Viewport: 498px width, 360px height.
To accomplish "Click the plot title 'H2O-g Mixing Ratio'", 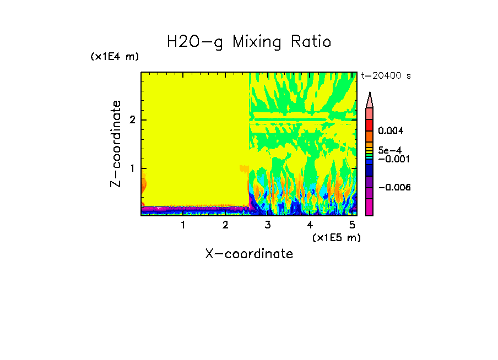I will pyautogui.click(x=249, y=42).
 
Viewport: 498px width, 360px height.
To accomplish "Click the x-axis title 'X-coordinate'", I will pyautogui.click(x=249, y=254).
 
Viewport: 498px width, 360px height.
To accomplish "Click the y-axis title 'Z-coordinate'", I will pyautogui.click(x=116, y=144).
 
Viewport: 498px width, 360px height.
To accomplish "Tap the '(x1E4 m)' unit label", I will pyautogui.click(x=115, y=57).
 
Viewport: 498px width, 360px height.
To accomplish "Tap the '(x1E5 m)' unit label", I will pyautogui.click(x=336, y=237).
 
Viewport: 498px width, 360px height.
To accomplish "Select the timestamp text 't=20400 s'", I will pyautogui.click(x=386, y=76).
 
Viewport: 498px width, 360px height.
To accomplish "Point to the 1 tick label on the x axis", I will pyautogui.click(x=183, y=225).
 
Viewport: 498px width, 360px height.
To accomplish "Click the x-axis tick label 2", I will pyautogui.click(x=225, y=225).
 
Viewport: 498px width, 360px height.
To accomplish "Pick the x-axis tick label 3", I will pyautogui.click(x=267, y=225).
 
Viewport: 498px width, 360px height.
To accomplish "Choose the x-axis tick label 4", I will pyautogui.click(x=310, y=225).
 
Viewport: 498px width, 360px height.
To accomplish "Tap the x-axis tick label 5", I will pyautogui.click(x=351, y=225).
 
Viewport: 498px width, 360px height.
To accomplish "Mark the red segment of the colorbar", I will pyautogui.click(x=370, y=124).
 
